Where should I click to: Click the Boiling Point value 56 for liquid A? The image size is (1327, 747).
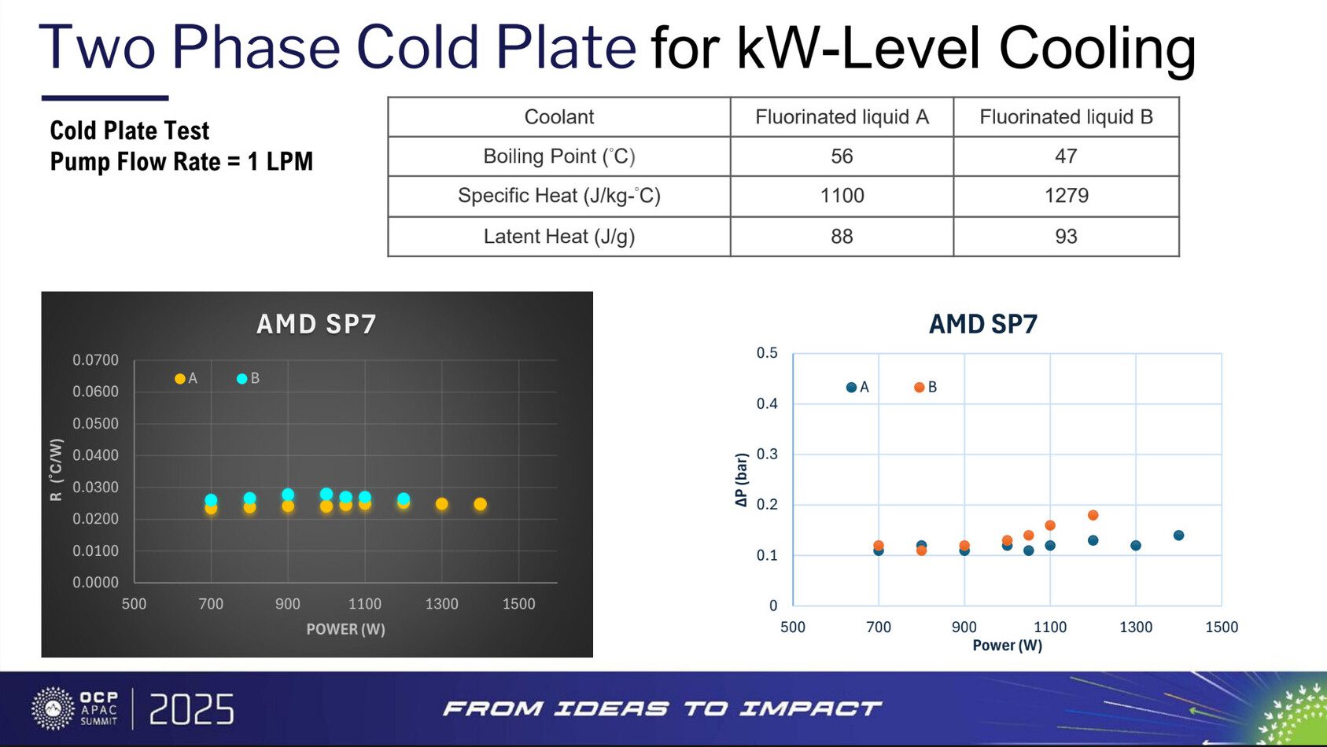pyautogui.click(x=842, y=156)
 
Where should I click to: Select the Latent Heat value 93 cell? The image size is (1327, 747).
pyautogui.click(x=1066, y=237)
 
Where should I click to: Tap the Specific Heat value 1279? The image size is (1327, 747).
pyautogui.click(x=1066, y=196)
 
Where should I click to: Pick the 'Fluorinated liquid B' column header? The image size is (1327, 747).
pyautogui.click(x=1066, y=117)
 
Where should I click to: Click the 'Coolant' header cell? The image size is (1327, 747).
pyautogui.click(x=558, y=117)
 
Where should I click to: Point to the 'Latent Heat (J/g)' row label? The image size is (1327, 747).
pyautogui.click(x=558, y=237)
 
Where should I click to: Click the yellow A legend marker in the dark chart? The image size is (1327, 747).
pyautogui.click(x=180, y=379)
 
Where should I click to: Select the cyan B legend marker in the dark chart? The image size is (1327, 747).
pyautogui.click(x=242, y=379)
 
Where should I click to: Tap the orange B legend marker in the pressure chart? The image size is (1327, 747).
pyautogui.click(x=919, y=388)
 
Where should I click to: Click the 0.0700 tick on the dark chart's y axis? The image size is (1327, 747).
pyautogui.click(x=95, y=360)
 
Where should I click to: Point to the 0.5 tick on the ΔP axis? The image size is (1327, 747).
pyautogui.click(x=767, y=353)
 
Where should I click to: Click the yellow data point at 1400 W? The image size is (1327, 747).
pyautogui.click(x=481, y=504)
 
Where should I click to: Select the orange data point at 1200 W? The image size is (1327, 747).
pyautogui.click(x=1093, y=515)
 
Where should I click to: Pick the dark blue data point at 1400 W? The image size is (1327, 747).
pyautogui.click(x=1178, y=535)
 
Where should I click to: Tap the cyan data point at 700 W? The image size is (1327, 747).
pyautogui.click(x=211, y=499)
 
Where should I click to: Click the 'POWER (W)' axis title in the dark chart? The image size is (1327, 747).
pyautogui.click(x=345, y=629)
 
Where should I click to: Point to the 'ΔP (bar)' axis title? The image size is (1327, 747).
pyautogui.click(x=741, y=480)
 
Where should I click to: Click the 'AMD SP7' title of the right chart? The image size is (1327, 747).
pyautogui.click(x=983, y=324)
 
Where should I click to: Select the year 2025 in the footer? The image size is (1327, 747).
pyautogui.click(x=191, y=710)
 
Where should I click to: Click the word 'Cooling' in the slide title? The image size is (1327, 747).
pyautogui.click(x=1097, y=49)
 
